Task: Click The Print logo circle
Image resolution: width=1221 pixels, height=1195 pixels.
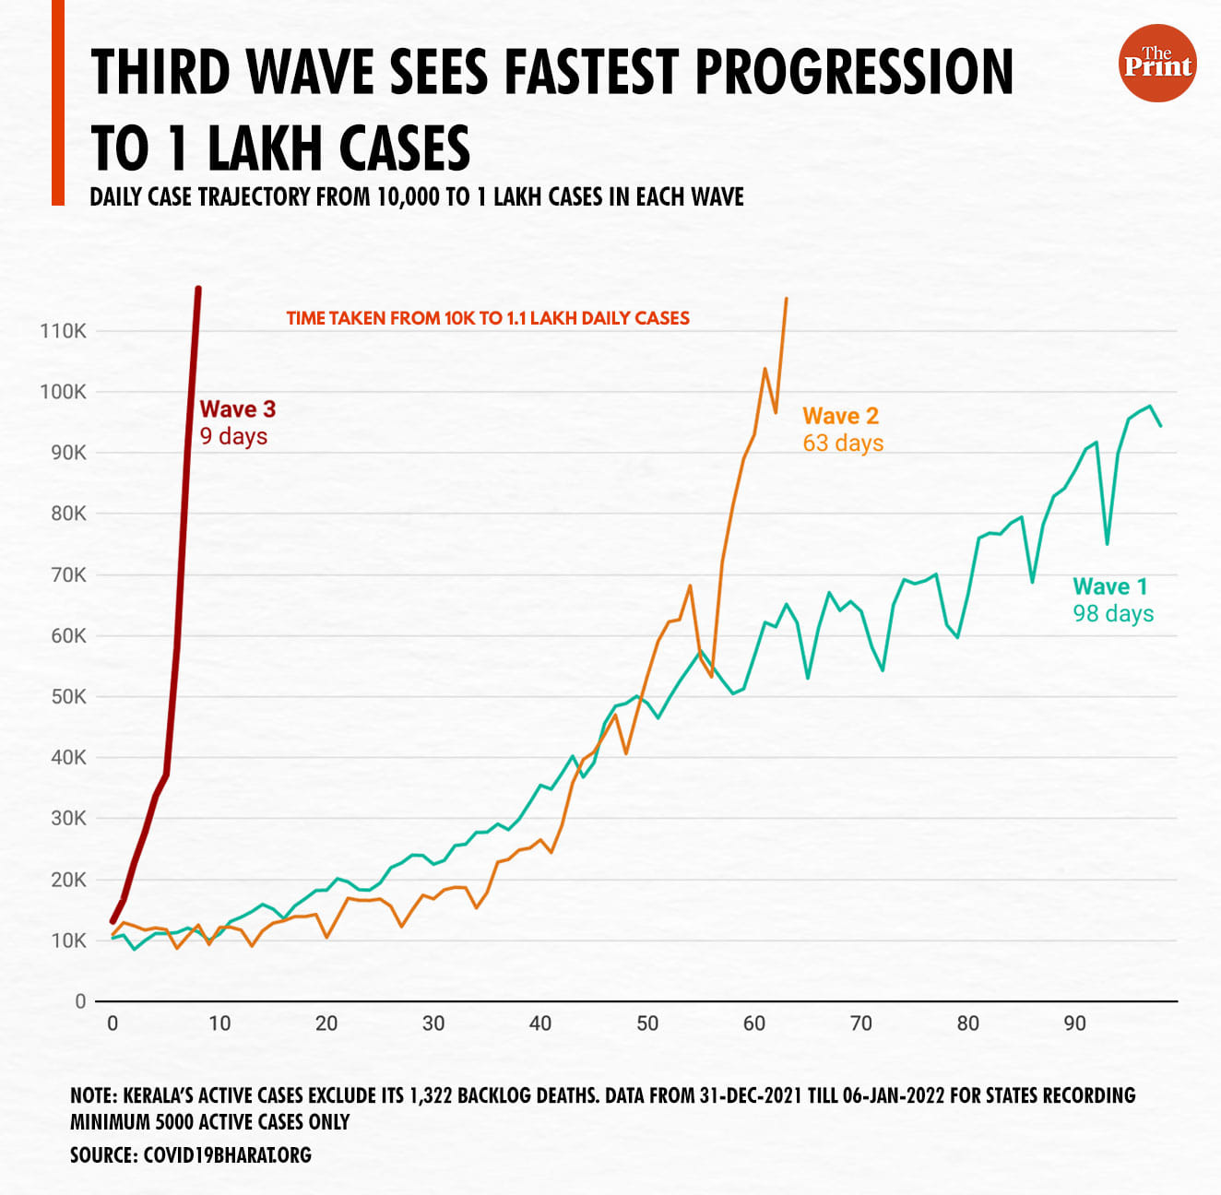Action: pos(1157,63)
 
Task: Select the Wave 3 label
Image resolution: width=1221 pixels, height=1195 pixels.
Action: pos(237,409)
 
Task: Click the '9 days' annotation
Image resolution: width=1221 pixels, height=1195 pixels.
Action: pos(233,436)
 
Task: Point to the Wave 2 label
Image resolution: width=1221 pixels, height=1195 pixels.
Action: pos(840,416)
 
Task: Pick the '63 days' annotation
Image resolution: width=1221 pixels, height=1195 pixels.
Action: pos(843,444)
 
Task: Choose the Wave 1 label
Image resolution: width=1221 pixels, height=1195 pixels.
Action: pos(1110,586)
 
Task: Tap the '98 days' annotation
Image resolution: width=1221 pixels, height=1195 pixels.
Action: pos(1113,614)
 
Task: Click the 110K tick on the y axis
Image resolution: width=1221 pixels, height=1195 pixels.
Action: pos(63,331)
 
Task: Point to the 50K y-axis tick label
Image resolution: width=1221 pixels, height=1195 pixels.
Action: pos(68,697)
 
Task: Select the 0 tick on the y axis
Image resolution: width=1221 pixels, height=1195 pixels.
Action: pos(80,1001)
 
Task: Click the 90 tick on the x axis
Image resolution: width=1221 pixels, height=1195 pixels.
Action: pos(1074,1023)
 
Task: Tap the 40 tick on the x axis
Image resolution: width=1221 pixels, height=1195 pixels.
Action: pos(540,1023)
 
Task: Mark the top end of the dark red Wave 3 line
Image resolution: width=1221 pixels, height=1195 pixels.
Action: pos(198,290)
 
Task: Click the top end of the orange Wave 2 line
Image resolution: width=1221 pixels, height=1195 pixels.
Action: pos(786,299)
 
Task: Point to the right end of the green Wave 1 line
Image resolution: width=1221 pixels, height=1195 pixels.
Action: pos(1160,425)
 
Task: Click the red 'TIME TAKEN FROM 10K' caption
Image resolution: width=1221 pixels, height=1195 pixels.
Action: pos(488,318)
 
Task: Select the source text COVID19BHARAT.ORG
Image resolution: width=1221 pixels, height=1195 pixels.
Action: pos(227,1155)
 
